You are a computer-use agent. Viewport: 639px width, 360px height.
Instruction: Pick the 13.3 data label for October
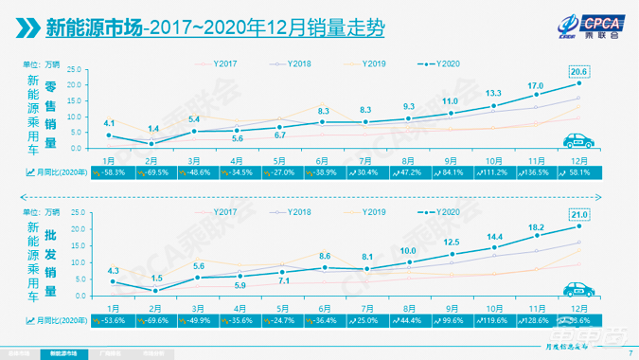(x=493, y=93)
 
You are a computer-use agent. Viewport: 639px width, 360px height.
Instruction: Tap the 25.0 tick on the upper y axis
(x=75, y=68)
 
